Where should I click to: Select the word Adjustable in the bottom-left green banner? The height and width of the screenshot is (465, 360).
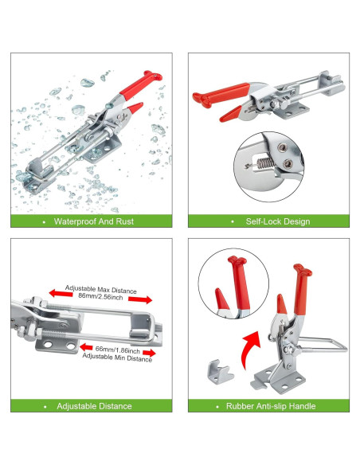(76, 406)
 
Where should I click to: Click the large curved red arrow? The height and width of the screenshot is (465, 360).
(250, 350)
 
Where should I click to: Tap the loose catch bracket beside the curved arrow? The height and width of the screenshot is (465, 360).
(221, 372)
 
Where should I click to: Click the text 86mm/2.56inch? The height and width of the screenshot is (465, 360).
(100, 296)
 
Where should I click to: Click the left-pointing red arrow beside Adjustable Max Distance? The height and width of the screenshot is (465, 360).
(61, 293)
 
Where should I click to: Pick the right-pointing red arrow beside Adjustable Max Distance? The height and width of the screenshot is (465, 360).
(140, 299)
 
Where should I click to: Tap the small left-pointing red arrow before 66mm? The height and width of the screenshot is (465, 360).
(86, 347)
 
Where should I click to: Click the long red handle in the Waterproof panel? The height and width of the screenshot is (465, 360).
(140, 85)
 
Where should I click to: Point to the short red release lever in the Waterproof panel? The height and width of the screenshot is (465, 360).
(135, 107)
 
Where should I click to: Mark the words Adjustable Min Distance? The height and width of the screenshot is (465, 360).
(117, 358)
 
